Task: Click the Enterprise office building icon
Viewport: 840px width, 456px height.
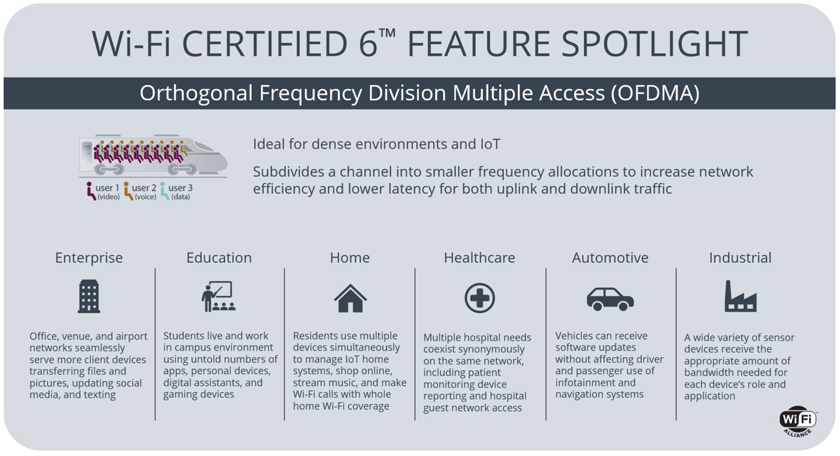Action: click(x=89, y=296)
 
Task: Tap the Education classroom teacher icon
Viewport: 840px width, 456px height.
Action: click(x=219, y=296)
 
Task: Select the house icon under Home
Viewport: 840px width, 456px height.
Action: click(x=350, y=298)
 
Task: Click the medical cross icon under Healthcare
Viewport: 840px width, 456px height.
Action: click(x=480, y=298)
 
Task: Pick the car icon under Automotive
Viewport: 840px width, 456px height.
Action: click(x=610, y=299)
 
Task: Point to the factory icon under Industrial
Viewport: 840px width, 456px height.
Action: click(x=740, y=296)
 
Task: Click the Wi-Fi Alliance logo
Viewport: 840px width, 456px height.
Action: click(x=798, y=421)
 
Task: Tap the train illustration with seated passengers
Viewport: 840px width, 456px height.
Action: click(x=153, y=155)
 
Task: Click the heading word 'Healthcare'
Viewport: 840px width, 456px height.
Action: click(x=480, y=258)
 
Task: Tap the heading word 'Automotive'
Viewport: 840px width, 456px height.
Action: click(x=610, y=258)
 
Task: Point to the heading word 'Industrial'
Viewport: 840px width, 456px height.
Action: click(x=740, y=258)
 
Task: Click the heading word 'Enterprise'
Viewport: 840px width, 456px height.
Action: click(x=89, y=258)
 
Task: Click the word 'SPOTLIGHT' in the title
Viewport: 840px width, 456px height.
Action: click(x=644, y=44)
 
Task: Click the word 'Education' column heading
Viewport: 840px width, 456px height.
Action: click(x=219, y=258)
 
